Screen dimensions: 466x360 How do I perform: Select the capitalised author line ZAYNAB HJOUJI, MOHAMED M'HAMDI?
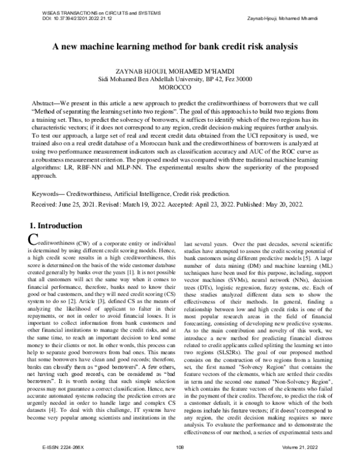pos(180,71)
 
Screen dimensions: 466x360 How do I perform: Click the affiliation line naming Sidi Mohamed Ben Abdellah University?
pos(179,79)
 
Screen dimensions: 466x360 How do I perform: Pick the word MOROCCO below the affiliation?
pos(180,88)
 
